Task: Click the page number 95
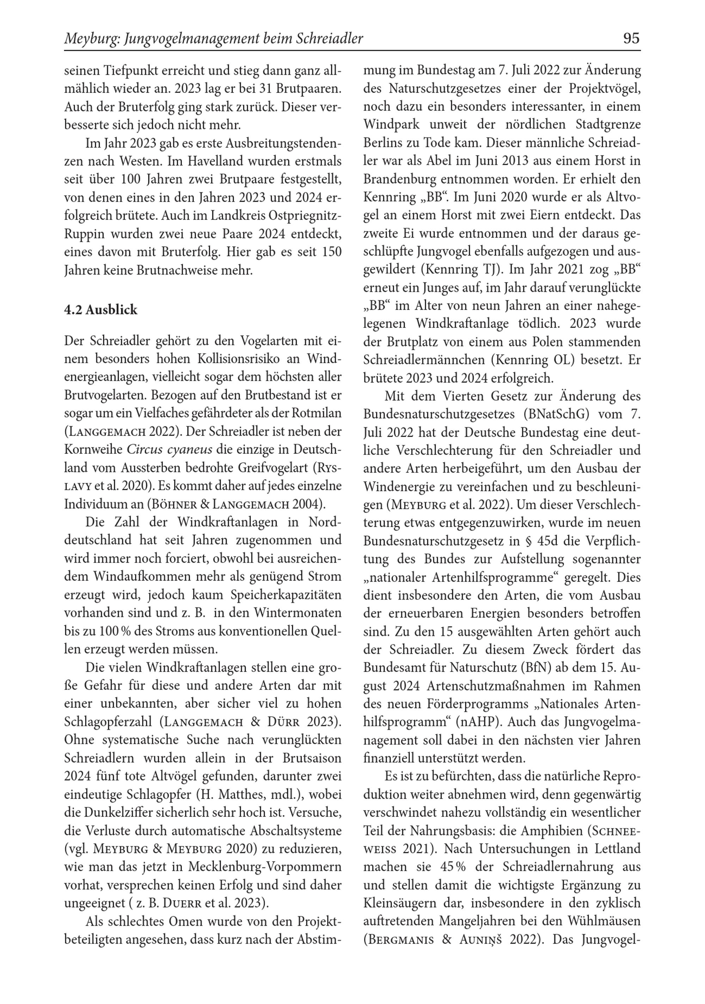pyautogui.click(x=631, y=39)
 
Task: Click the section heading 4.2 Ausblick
pyautogui.click(x=100, y=310)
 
